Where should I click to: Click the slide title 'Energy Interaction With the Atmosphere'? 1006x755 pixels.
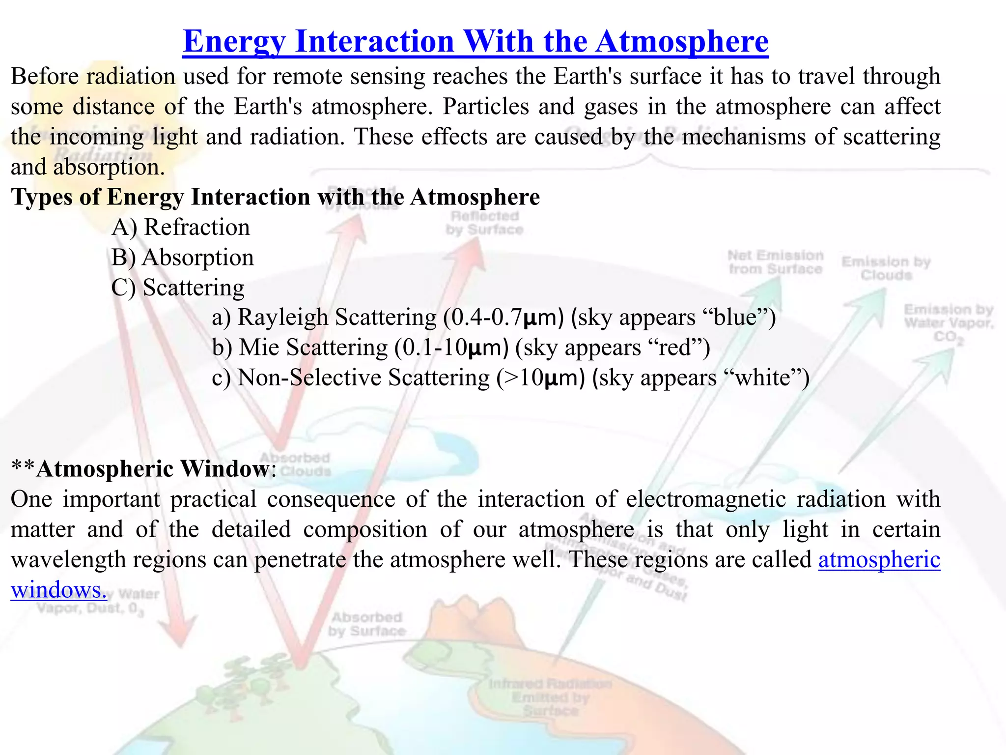pos(475,41)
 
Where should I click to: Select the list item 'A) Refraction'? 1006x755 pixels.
pos(181,228)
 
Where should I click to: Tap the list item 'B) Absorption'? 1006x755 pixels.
pos(183,258)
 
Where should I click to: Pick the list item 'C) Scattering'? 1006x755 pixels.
pos(178,288)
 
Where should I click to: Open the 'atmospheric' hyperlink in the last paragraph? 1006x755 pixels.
pos(879,560)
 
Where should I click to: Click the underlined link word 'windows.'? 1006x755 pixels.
pos(58,590)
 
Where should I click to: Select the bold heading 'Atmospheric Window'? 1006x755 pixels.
pos(153,469)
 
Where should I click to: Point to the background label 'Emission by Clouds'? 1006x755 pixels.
pos(886,268)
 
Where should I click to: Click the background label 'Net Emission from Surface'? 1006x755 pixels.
pos(775,262)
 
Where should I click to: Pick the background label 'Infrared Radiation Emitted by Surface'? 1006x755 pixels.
pos(550,697)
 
